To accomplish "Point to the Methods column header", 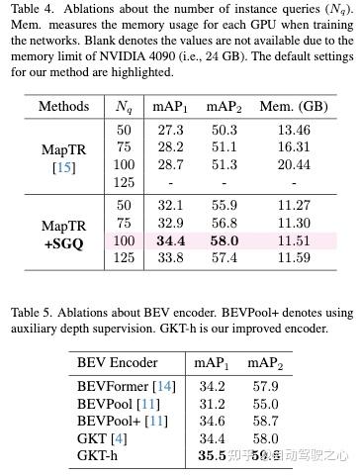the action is [63, 106].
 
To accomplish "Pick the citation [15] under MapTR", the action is [63, 164].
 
